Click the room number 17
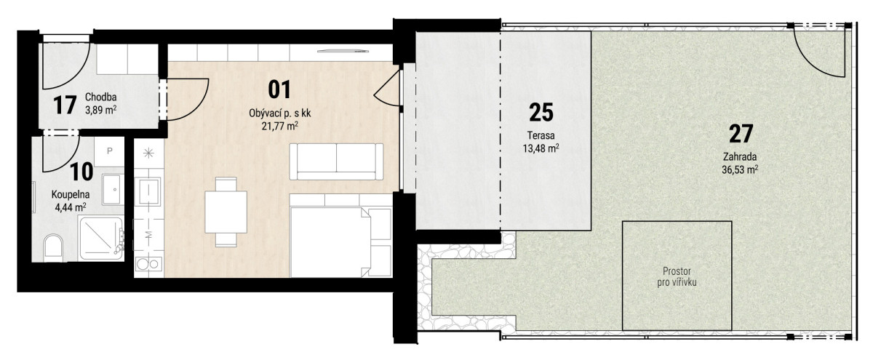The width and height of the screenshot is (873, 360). pos(65,105)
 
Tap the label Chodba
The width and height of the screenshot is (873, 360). pos(101,97)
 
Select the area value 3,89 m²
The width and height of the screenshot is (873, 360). pos(101,110)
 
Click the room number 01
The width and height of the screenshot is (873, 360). pos(279,89)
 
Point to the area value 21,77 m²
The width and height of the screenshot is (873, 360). pos(280,126)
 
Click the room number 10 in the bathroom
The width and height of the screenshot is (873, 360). pos(81,172)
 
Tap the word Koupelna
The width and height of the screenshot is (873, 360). pos(71,194)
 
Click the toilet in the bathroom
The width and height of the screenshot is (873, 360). pos(53,248)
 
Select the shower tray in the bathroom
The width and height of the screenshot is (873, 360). pos(101,239)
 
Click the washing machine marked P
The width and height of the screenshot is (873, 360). pos(110,151)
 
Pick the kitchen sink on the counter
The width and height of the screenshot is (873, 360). pos(147,191)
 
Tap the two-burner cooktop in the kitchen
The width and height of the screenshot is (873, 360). pos(148,264)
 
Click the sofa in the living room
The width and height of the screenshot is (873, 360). pos(336,161)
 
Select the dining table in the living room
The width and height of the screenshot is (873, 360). pos(226,212)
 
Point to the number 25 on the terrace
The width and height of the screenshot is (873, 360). pos(541,112)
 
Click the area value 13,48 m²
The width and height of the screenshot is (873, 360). pos(541,148)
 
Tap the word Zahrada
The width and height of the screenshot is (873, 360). pos(740,156)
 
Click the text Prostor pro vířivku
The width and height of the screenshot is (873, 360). pos(677,276)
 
